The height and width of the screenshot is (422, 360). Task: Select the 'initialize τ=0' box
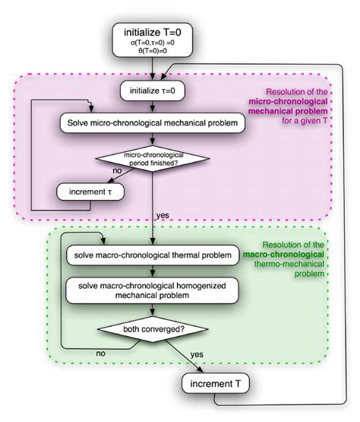click(154, 91)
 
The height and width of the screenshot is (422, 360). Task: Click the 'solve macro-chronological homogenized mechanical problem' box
click(154, 289)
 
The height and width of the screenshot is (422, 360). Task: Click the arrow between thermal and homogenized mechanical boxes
click(154, 269)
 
